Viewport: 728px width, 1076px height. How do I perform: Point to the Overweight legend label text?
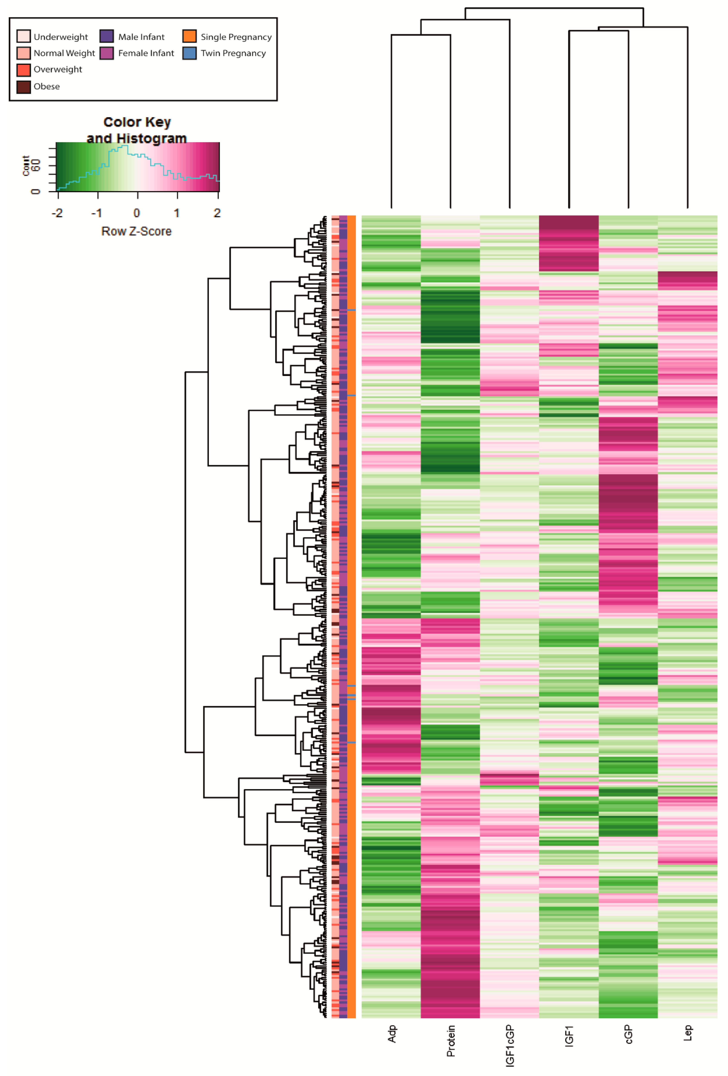point(58,69)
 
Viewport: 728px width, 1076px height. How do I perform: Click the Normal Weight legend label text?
point(64,53)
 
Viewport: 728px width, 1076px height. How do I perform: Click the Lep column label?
point(688,1033)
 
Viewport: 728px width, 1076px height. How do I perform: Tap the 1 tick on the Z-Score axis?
point(177,213)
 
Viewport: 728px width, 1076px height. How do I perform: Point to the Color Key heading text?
point(137,122)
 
